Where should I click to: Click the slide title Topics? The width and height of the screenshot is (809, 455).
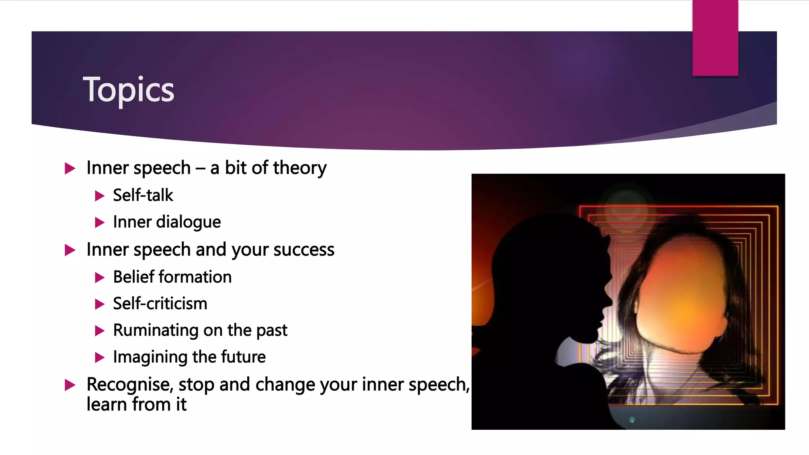128,90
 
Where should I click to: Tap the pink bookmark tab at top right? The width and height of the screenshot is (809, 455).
715,38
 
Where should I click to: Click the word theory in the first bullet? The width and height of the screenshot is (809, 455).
300,168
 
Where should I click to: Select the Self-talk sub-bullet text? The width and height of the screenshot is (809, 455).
143,195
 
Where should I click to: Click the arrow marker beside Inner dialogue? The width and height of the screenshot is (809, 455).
100,223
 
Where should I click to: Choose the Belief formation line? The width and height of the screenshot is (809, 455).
172,277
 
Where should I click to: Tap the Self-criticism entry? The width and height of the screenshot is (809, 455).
160,304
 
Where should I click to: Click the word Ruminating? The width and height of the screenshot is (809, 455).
155,330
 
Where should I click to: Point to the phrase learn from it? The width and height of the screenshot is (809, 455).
136,404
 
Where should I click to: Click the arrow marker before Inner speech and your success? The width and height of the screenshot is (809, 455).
70,250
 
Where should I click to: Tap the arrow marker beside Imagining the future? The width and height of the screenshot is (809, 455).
100,358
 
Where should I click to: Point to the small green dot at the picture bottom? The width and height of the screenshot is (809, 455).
632,419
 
